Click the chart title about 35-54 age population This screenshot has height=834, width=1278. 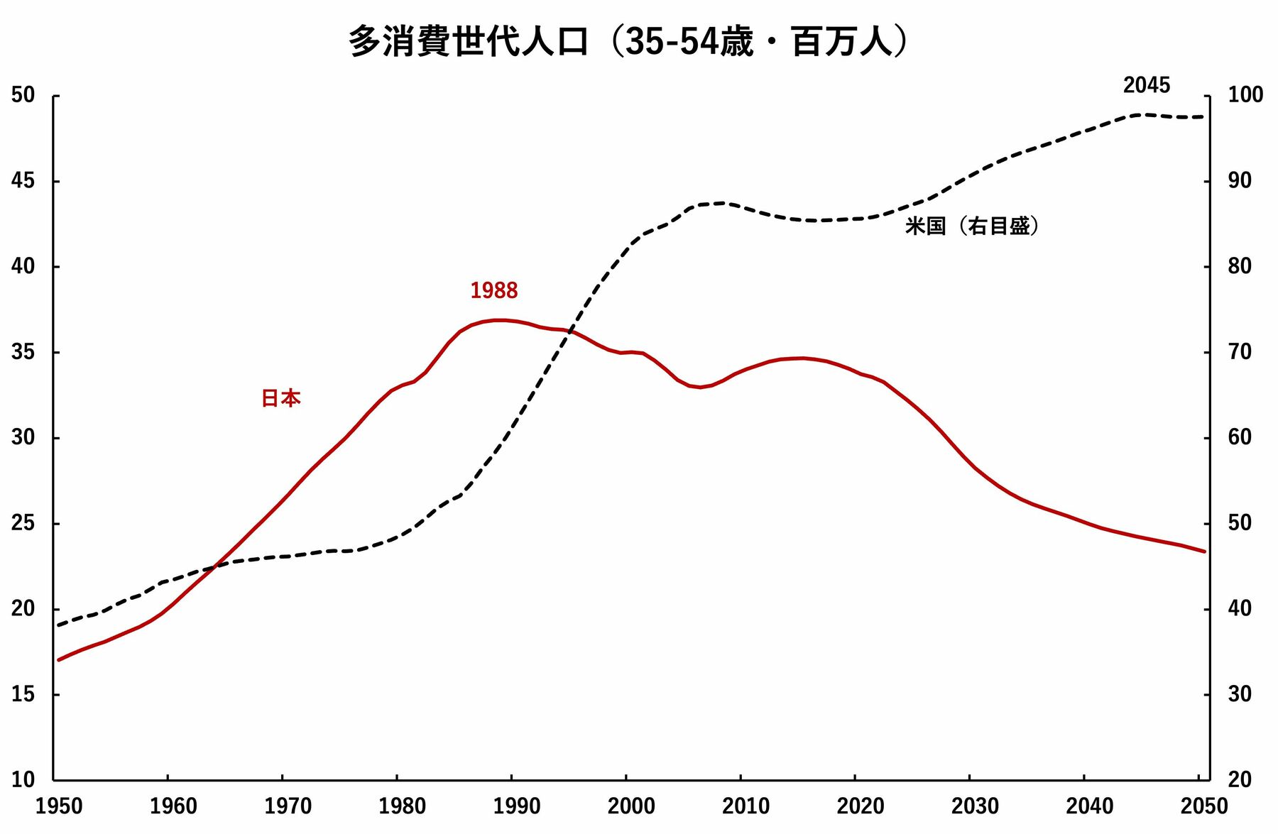click(628, 41)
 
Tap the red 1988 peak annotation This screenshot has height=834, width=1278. click(494, 290)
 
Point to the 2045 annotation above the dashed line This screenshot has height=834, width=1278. click(1146, 85)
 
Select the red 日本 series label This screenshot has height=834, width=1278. click(281, 398)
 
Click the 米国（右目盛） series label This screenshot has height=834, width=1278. click(973, 226)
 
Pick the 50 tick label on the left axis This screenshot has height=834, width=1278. click(23, 95)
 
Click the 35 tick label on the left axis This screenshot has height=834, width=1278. click(23, 352)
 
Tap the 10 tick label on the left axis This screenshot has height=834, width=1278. click(23, 779)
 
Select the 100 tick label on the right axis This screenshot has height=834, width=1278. click(1245, 95)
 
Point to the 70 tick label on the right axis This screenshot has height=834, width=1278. click(1240, 352)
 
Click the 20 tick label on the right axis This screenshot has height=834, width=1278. click(1240, 779)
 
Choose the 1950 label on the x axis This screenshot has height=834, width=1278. click(59, 806)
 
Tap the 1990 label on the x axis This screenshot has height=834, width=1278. click(517, 806)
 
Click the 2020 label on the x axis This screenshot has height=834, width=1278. click(861, 806)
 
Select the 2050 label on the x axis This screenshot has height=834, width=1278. click(1203, 806)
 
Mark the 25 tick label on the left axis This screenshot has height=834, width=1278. click(23, 523)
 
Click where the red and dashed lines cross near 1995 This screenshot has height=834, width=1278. click(569, 331)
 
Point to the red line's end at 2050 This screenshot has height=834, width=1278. click(1204, 552)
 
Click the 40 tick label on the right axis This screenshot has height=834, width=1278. click(1240, 608)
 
